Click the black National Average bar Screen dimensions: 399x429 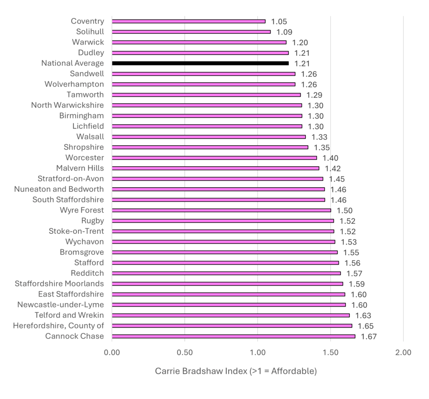click(x=200, y=63)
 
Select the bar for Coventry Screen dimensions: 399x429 click(x=189, y=21)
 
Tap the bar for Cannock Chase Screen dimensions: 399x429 click(x=233, y=336)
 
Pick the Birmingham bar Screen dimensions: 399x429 click(x=207, y=116)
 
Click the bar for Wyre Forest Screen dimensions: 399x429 click(x=221, y=210)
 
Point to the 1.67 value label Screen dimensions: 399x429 click(x=369, y=336)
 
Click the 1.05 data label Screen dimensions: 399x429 click(x=279, y=22)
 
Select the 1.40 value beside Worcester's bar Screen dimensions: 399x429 click(x=330, y=158)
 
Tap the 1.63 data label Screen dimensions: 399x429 click(x=363, y=316)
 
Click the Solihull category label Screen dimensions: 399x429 click(x=90, y=31)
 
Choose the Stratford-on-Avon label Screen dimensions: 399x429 click(x=71, y=179)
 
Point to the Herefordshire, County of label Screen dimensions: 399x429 click(x=58, y=326)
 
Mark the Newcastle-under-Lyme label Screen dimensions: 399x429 click(x=60, y=305)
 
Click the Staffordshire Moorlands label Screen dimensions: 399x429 click(x=59, y=284)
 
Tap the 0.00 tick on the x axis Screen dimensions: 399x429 click(x=112, y=352)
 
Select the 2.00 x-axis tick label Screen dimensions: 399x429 click(x=403, y=352)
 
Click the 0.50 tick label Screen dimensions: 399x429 click(x=185, y=352)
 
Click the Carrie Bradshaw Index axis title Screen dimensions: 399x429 click(x=236, y=371)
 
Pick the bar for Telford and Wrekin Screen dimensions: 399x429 click(x=230, y=315)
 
